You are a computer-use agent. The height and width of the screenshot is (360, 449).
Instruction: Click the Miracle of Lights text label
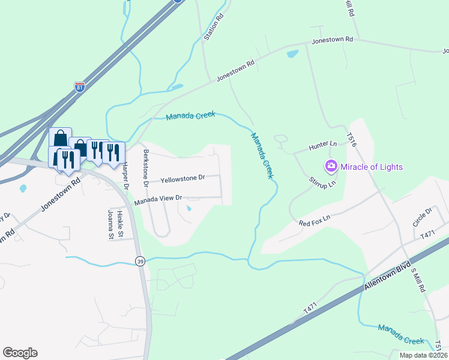point(372,166)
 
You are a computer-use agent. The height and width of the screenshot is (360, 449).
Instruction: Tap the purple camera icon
point(330,166)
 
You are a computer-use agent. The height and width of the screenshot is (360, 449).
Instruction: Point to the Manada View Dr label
point(157,200)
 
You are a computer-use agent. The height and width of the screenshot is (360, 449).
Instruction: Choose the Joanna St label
point(110,224)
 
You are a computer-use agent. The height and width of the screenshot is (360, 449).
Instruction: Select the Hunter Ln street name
point(322,145)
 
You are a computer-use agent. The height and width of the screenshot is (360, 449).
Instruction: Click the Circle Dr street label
point(422,217)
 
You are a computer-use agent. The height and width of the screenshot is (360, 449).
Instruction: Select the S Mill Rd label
point(418,280)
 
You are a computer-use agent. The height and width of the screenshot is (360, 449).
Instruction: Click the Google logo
point(20,353)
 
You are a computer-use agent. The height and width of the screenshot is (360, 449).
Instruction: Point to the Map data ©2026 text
point(423,355)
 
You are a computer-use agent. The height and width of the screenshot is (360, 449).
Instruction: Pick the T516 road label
point(352,139)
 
